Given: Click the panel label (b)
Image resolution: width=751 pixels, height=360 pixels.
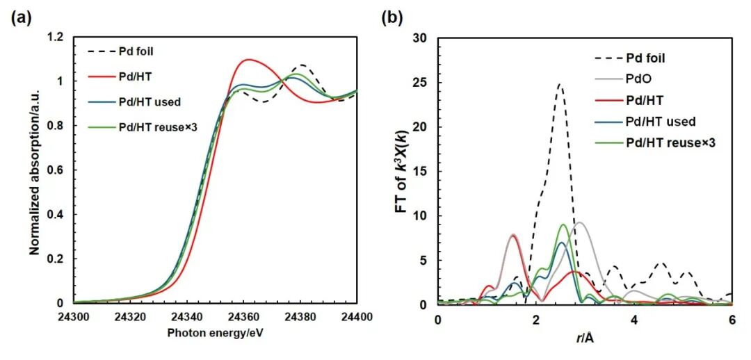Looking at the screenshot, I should pos(391,18).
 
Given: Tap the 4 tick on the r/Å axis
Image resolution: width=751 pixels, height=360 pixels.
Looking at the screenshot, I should pos(633,318).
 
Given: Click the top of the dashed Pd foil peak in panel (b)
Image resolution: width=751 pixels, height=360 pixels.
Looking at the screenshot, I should pos(559,84).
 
